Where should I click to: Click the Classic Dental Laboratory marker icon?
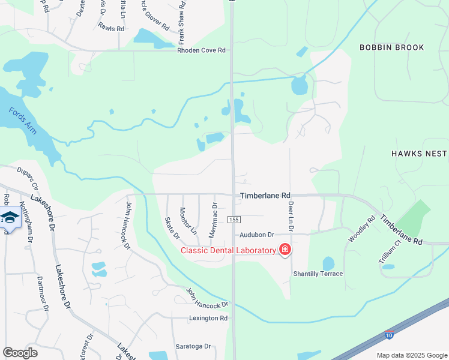[x=285, y=250]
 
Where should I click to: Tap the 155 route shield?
[x=234, y=220]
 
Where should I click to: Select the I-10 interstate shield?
[x=389, y=334]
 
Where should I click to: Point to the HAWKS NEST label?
[x=420, y=154]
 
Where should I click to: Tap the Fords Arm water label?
[x=22, y=120]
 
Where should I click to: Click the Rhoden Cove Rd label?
[x=201, y=50]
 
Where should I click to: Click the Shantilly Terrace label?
[x=318, y=274]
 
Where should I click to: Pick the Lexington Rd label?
[x=208, y=318]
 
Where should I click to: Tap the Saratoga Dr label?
[x=193, y=346]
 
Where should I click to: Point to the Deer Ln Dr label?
[x=291, y=216]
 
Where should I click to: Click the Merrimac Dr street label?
[x=213, y=220]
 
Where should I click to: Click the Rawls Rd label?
[x=111, y=28]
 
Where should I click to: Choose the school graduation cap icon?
[x=9, y=217]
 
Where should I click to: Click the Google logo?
[x=20, y=352]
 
